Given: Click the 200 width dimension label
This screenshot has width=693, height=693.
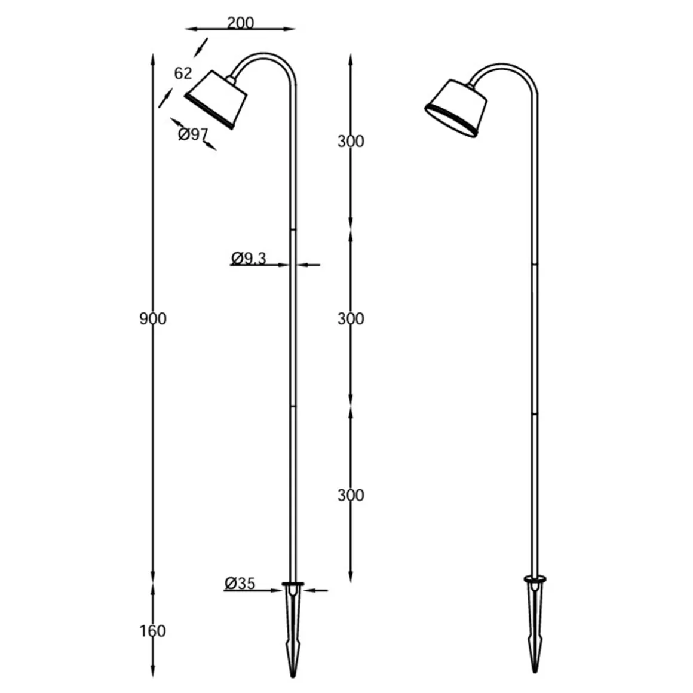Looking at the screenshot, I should click(x=240, y=23).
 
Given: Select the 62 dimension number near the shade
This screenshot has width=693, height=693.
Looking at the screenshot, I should click(x=183, y=73).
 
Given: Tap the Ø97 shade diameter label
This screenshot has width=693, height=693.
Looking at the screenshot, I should click(x=192, y=134).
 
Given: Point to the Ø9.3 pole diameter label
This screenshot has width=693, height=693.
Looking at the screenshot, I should click(x=249, y=258).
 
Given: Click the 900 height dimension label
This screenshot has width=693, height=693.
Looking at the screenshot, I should click(x=153, y=319).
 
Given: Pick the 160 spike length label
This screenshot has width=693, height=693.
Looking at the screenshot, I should click(x=153, y=631).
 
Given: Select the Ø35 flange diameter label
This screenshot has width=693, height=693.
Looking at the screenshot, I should click(x=240, y=583).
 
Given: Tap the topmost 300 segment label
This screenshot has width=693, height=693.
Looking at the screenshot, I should click(x=351, y=142).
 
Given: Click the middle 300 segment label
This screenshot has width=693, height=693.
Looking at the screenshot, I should click(x=351, y=319).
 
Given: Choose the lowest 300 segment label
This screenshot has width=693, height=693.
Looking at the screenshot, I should click(x=351, y=495).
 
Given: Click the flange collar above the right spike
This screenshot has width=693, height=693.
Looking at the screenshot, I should click(x=535, y=578).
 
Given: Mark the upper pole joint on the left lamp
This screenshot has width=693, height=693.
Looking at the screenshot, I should click(x=293, y=230).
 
